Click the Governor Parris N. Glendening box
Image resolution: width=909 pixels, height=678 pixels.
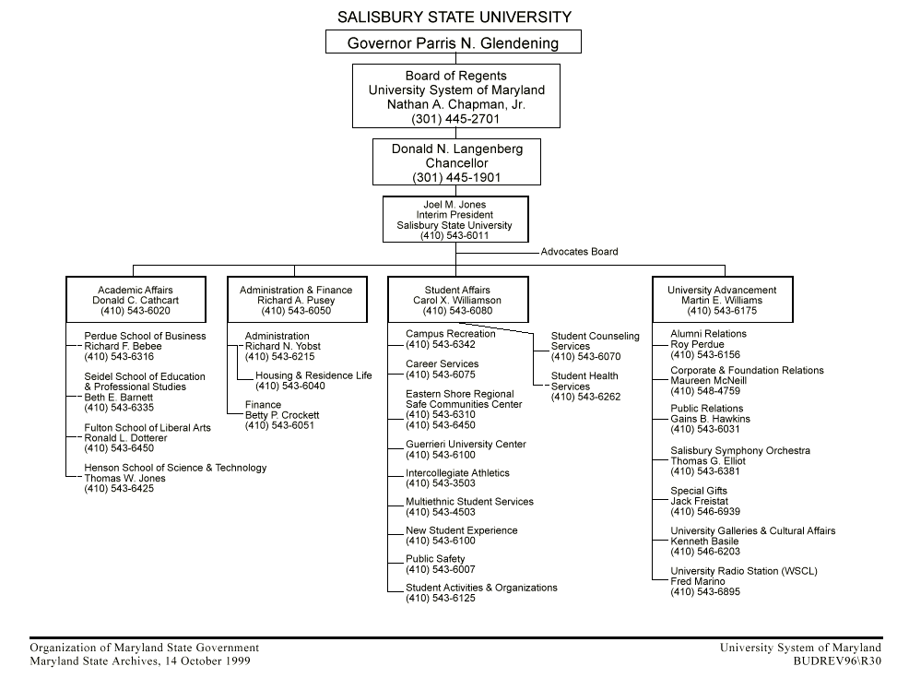point(454,42)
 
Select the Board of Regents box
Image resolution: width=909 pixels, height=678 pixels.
point(456,96)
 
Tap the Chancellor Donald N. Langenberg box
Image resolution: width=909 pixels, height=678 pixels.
point(456,162)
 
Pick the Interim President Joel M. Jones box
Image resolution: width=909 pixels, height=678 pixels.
point(455,220)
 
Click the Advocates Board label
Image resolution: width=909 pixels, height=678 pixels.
point(579,252)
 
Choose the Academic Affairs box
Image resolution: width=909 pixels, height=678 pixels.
point(136,300)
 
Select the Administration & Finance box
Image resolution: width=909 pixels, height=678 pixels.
point(296,300)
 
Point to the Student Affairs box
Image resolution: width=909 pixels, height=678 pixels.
point(457,300)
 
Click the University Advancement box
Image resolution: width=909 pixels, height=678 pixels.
point(722,300)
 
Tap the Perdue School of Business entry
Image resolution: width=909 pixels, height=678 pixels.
point(145,336)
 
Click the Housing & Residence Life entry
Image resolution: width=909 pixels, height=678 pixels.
point(313,375)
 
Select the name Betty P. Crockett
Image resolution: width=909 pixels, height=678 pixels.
point(282,415)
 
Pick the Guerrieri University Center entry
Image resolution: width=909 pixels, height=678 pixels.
point(466,445)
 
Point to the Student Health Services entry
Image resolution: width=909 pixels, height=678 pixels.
point(584,381)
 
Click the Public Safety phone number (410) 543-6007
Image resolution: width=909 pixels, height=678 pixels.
point(441,570)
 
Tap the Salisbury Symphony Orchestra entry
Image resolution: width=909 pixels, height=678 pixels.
point(740,451)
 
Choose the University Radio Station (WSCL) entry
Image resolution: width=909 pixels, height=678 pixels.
point(743,571)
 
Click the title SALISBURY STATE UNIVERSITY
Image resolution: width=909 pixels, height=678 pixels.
point(454,17)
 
